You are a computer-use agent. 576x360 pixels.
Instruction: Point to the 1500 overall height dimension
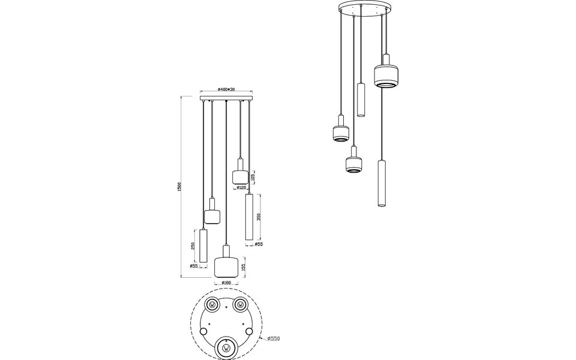[179, 187]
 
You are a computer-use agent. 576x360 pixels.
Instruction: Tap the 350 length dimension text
[259, 217]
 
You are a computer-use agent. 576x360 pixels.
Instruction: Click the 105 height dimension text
[253, 177]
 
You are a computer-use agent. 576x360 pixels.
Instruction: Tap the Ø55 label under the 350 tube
[258, 244]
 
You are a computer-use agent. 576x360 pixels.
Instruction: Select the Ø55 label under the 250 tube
[194, 266]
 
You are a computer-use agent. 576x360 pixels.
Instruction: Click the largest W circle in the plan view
[226, 347]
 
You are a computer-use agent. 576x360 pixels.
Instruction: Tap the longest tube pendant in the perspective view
[379, 184]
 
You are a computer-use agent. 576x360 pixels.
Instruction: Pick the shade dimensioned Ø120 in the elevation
[240, 176]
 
